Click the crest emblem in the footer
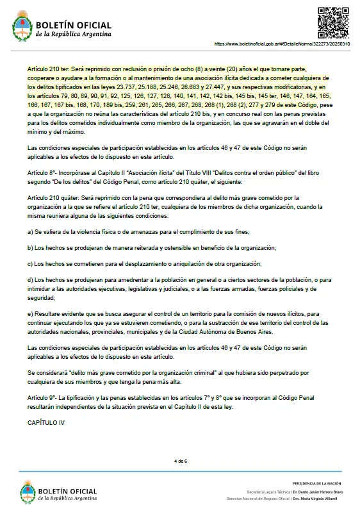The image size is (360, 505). pyautogui.click(x=28, y=492)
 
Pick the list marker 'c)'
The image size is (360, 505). pyautogui.click(x=30, y=263)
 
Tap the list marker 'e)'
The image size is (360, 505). pyautogui.click(x=30, y=314)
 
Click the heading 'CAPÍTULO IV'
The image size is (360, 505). pyautogui.click(x=46, y=424)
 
